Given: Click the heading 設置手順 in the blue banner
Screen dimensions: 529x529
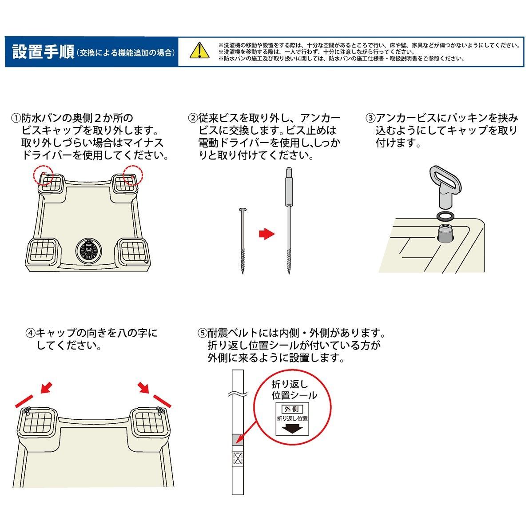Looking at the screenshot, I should coord(43,52).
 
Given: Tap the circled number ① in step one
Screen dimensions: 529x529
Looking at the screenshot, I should coord(16,119).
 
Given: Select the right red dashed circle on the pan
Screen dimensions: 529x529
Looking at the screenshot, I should coord(134,175).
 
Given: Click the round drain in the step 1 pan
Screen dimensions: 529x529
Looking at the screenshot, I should coord(88,251).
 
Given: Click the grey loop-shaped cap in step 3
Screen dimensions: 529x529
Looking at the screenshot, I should coord(442,187).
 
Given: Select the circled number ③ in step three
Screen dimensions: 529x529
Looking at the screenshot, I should coord(370,119).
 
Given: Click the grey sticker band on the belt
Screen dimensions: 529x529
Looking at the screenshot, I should coord(238,439).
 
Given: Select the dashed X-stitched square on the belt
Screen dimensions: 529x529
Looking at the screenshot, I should coord(238,459).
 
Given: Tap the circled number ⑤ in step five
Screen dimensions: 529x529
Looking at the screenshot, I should coord(202,333).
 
